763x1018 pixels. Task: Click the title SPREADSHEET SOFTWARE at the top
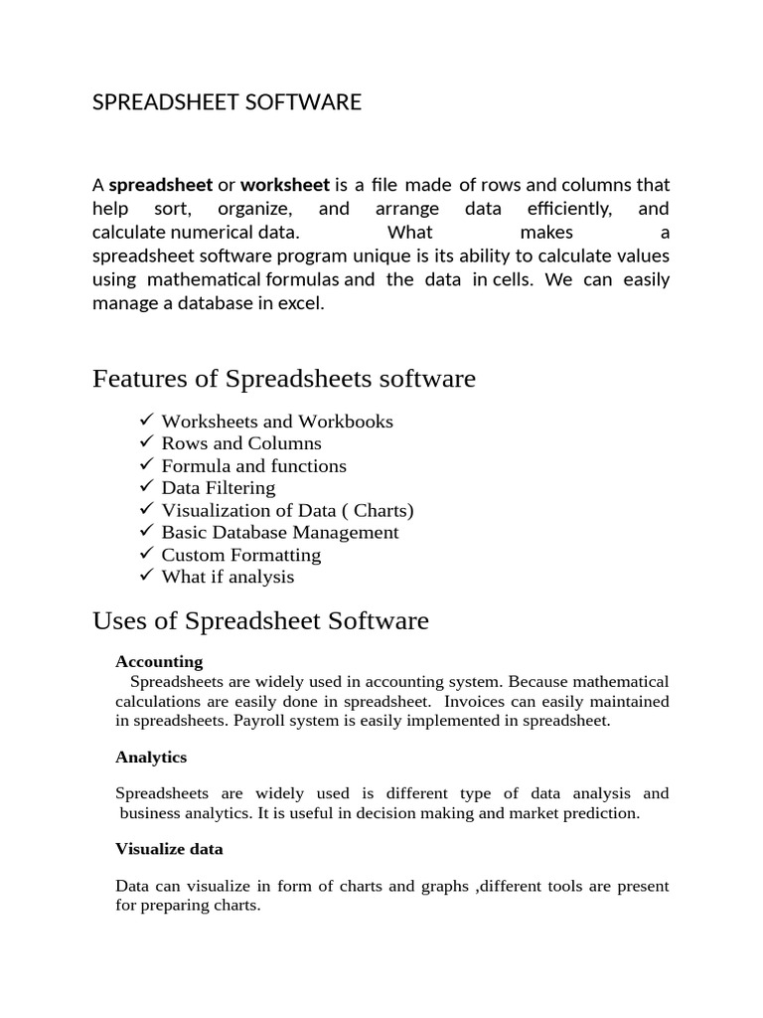point(227,102)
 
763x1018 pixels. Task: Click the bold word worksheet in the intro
point(285,185)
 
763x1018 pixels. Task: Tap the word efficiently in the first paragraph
point(569,209)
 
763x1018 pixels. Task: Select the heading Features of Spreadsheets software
point(284,379)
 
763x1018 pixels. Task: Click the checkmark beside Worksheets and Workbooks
point(146,420)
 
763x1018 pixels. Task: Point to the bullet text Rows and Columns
point(241,443)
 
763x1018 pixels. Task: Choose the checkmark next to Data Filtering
point(146,486)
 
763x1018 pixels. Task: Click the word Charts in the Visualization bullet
point(381,510)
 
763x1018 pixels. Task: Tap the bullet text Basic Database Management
point(280,532)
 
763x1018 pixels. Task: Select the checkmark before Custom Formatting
point(146,553)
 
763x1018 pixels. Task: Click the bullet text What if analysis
point(228,577)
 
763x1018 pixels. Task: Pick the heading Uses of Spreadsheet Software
point(260,621)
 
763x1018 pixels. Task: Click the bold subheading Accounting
point(159,661)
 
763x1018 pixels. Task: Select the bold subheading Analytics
point(151,757)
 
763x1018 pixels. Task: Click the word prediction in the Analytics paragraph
point(603,813)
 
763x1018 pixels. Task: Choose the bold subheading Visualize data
point(169,849)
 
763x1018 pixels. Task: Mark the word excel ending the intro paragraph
point(302,304)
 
